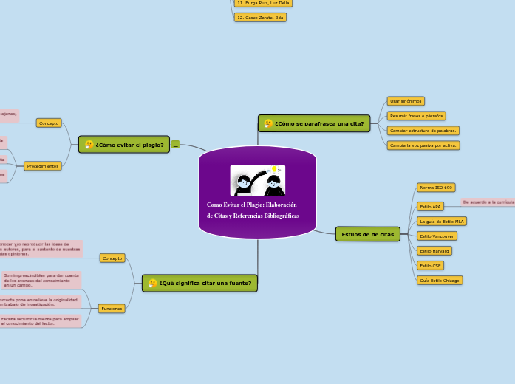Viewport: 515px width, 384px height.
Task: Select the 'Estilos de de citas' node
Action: coord(367,234)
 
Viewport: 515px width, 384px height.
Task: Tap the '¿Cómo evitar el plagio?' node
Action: coord(124,145)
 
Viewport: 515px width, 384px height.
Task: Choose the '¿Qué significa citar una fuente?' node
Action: coord(199,283)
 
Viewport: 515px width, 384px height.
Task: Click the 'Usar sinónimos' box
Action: coord(406,100)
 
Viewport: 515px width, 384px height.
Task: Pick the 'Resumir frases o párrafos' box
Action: coord(416,116)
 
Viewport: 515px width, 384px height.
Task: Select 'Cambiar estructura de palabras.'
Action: coord(423,131)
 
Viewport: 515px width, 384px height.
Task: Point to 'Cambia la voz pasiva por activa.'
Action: coord(423,145)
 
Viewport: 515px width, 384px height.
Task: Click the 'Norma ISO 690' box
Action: coord(436,188)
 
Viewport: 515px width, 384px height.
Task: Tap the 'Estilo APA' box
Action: coord(430,207)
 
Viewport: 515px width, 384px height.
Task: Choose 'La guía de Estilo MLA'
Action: coord(442,221)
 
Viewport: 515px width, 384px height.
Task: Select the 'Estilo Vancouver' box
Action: coord(437,236)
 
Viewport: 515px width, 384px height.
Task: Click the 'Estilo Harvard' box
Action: coord(434,250)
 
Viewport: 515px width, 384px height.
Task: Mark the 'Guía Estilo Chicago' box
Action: coord(440,280)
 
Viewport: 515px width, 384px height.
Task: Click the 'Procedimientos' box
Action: coord(43,166)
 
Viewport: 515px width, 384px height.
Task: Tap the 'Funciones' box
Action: coord(112,308)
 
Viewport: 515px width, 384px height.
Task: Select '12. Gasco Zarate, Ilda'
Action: coord(259,17)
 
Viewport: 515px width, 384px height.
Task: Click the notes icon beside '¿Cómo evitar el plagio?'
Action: coord(176,145)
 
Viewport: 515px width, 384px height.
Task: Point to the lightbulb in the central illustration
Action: coord(275,169)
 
